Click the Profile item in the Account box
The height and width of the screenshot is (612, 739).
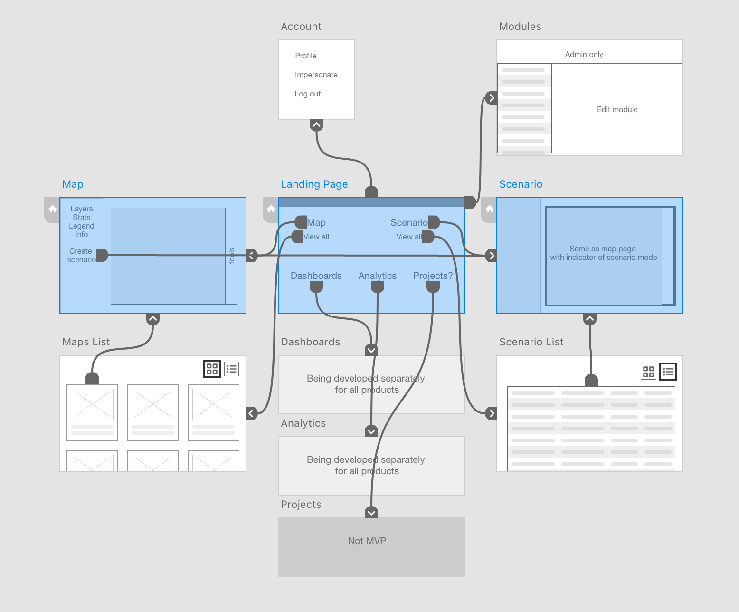click(x=305, y=56)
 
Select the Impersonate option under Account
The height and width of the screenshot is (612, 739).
click(x=316, y=75)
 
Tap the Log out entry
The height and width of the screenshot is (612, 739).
click(x=307, y=94)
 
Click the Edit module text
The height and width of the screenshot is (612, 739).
click(x=617, y=109)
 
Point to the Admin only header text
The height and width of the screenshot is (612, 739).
click(x=584, y=54)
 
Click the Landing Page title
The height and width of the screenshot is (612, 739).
click(x=314, y=184)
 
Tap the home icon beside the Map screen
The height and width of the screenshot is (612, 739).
click(x=53, y=209)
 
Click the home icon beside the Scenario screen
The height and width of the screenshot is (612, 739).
click(x=490, y=209)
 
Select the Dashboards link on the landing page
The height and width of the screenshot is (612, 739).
click(x=316, y=276)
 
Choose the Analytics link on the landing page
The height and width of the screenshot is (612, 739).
click(x=377, y=276)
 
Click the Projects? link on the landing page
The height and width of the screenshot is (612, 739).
click(x=433, y=276)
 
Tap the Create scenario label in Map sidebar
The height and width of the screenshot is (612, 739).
click(x=81, y=255)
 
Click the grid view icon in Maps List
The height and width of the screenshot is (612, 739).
click(x=212, y=369)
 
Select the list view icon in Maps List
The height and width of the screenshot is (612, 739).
click(x=231, y=369)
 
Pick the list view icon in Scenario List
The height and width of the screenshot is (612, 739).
click(x=668, y=372)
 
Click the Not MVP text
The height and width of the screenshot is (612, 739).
click(x=367, y=541)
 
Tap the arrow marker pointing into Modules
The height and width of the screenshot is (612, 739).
click(x=492, y=98)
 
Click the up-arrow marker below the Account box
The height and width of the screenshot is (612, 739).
click(x=316, y=125)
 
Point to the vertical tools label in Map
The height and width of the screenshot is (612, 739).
click(x=232, y=256)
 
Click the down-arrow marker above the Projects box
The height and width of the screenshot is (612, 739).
click(x=371, y=513)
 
